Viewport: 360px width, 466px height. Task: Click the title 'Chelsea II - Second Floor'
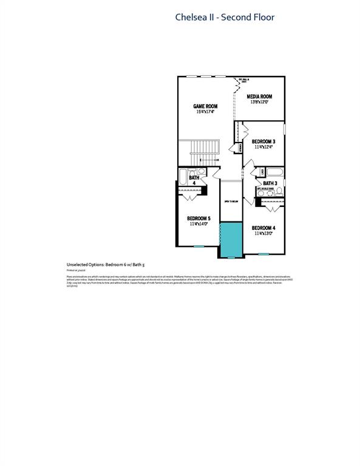click(225, 17)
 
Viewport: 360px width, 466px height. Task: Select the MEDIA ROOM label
click(259, 96)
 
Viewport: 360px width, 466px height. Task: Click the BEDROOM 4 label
click(263, 228)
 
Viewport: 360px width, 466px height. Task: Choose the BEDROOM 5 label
click(199, 218)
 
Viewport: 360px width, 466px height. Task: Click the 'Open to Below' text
click(231, 201)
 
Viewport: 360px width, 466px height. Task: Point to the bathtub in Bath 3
click(274, 172)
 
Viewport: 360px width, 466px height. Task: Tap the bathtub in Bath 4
click(185, 177)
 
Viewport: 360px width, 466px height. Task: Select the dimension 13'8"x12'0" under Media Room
click(259, 103)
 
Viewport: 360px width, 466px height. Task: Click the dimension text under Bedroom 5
click(199, 225)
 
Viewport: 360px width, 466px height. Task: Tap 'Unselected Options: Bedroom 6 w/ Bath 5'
click(107, 265)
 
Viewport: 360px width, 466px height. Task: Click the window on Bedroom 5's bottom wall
click(199, 246)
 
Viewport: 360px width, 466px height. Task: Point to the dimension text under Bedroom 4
click(263, 233)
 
